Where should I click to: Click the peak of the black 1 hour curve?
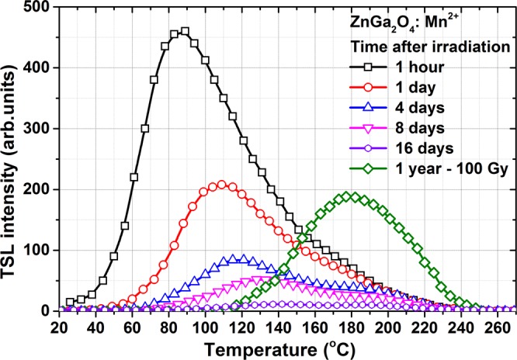point(184,32)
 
